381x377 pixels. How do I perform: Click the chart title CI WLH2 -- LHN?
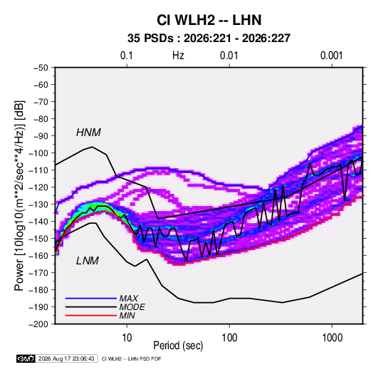coord(209,20)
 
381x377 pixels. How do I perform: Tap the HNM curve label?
coord(88,133)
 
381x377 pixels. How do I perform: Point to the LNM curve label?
coord(88,261)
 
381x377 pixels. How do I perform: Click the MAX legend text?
coord(129,299)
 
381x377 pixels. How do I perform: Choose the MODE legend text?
coord(132,307)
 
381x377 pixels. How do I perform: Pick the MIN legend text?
coord(127,316)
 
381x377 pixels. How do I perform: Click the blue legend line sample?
coord(91,299)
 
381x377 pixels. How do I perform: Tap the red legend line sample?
coord(91,316)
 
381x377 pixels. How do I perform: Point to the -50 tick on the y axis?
coord(41,68)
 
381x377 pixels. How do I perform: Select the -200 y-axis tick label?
coord(38,324)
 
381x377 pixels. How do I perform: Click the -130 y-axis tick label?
coord(38,205)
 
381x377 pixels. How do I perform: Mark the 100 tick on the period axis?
coord(229,338)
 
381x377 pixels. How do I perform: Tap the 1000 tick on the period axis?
coord(332,338)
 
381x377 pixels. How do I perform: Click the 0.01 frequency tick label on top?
coord(229,56)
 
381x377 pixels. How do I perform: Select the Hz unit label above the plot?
coord(178,56)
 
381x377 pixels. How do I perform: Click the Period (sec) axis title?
coord(178,346)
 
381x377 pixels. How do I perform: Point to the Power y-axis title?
coord(19,196)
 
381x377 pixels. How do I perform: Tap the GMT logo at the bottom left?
coord(26,358)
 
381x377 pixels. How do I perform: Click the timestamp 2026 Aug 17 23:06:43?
coord(66,358)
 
